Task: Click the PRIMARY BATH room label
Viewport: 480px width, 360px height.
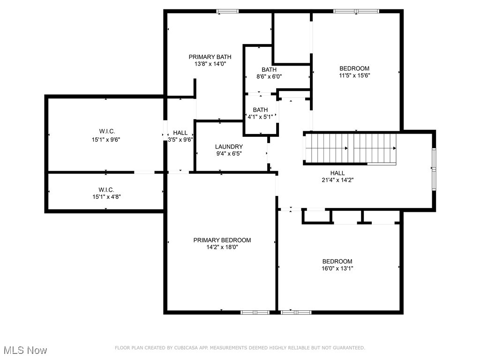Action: click(210, 57)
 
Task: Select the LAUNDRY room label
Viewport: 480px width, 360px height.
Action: click(229, 146)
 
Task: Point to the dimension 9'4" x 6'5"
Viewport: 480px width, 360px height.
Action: click(229, 153)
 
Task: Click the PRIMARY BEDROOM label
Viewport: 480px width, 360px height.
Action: click(222, 240)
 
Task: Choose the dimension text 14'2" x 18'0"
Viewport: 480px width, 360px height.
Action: click(222, 247)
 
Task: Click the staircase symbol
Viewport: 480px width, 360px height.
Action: click(351, 148)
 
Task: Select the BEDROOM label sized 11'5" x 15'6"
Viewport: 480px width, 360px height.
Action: click(354, 68)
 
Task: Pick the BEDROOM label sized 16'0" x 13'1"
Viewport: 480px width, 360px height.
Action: click(337, 261)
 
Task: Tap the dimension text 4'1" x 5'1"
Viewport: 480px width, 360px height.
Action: click(260, 117)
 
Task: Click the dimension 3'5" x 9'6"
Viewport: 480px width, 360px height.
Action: click(180, 139)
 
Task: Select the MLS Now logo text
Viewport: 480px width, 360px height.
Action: click(25, 350)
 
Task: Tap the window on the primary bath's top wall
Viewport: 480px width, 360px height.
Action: click(227, 11)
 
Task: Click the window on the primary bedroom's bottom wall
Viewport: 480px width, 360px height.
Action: click(255, 312)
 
